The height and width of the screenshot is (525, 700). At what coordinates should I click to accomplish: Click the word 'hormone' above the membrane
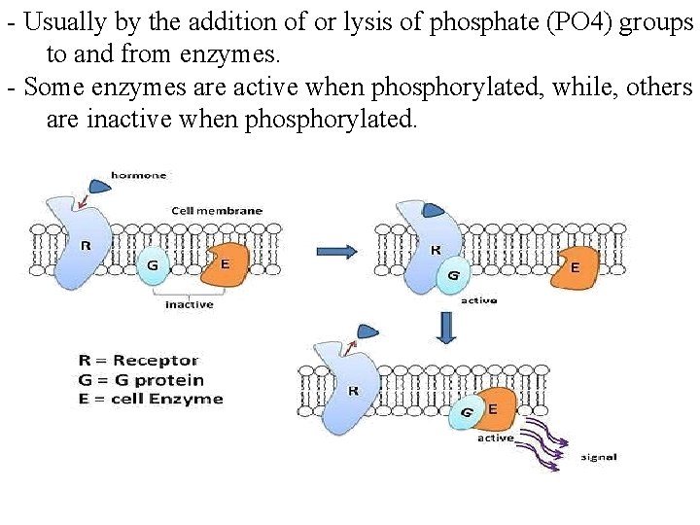coord(138,175)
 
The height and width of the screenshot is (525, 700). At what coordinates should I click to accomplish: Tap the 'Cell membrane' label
coord(216,210)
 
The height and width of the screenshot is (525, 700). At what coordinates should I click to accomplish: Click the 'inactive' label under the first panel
coord(189,304)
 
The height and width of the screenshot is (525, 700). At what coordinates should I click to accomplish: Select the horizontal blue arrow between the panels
coord(337,251)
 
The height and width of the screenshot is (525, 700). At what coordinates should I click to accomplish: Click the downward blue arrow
coord(447,328)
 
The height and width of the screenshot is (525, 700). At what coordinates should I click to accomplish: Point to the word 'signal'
coord(598,457)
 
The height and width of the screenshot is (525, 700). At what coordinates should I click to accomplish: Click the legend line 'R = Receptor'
coord(138,361)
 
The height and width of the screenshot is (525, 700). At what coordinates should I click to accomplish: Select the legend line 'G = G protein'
coord(141,379)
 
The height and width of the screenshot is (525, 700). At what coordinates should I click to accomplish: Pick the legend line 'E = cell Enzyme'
coord(151,399)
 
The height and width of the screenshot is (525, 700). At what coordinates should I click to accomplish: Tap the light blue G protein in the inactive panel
coord(153,264)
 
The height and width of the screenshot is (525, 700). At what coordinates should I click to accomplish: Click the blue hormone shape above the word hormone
coord(99,185)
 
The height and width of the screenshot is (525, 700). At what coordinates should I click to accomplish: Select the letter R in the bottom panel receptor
coord(352,391)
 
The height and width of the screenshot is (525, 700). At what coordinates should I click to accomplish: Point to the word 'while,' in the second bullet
coord(588,87)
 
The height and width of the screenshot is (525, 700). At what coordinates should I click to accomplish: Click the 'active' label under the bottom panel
coord(495,437)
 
